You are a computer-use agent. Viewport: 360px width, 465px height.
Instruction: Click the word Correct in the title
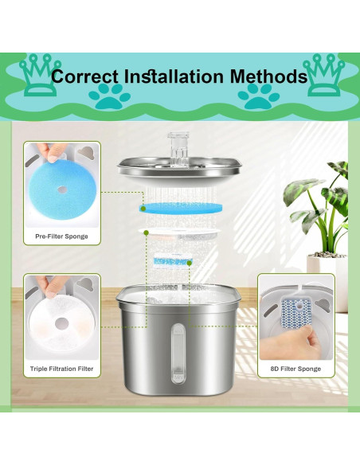pyautogui.click(x=86, y=77)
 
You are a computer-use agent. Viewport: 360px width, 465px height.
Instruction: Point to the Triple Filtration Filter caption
pyautogui.click(x=61, y=369)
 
